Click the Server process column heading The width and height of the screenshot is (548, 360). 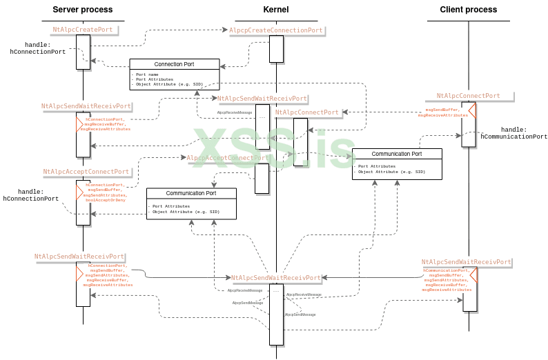(x=84, y=10)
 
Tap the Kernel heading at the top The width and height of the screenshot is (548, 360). (x=276, y=10)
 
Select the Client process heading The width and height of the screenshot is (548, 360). (x=468, y=10)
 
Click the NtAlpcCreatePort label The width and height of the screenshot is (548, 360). (x=82, y=30)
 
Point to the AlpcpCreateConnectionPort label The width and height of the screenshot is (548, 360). (x=276, y=30)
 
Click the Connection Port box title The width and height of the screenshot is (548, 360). (x=174, y=64)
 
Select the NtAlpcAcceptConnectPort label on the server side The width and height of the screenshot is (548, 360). (x=86, y=172)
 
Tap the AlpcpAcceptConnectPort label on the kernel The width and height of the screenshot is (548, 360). (x=228, y=158)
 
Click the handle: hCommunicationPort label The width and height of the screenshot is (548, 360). (x=513, y=133)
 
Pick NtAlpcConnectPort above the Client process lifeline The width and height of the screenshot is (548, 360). (x=468, y=97)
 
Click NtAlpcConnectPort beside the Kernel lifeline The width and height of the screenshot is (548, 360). (x=307, y=112)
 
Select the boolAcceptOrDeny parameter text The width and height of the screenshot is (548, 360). (x=105, y=199)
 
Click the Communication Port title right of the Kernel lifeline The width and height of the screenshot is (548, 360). (x=397, y=154)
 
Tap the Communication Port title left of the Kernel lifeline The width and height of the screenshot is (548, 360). (x=191, y=193)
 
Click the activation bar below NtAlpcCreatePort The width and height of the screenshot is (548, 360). (x=83, y=52)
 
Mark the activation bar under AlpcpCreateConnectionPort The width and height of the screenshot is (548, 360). (x=276, y=49)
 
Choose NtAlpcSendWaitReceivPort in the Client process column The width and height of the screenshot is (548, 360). (x=467, y=262)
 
